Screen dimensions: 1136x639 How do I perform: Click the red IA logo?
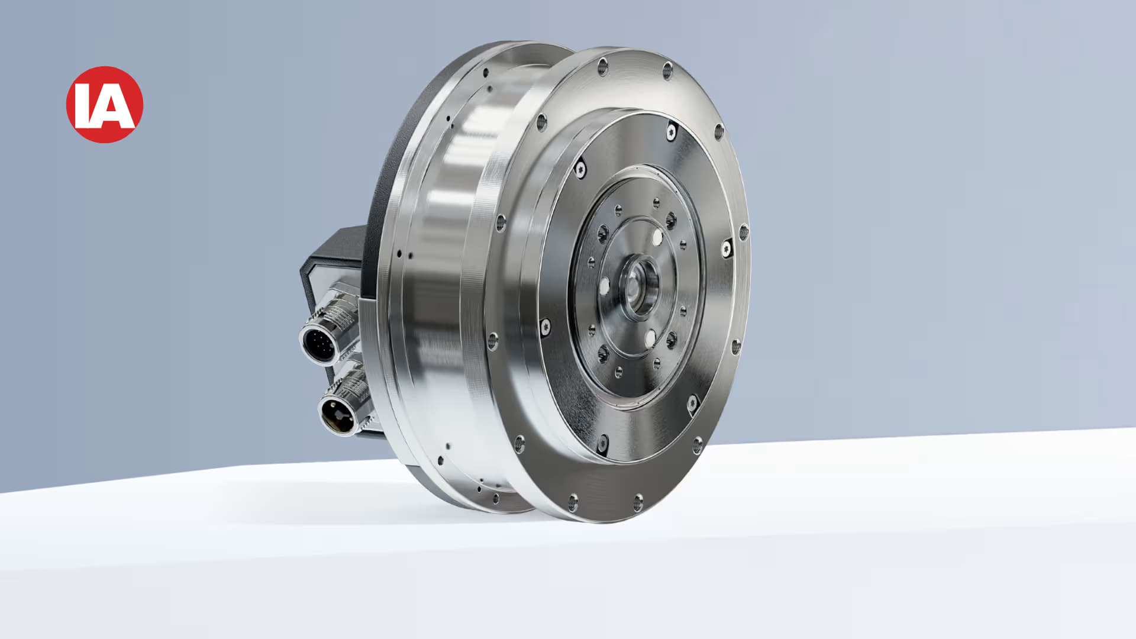click(x=105, y=104)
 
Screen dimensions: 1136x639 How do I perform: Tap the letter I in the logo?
click(x=85, y=106)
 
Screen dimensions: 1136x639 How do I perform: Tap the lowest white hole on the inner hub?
click(x=650, y=338)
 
